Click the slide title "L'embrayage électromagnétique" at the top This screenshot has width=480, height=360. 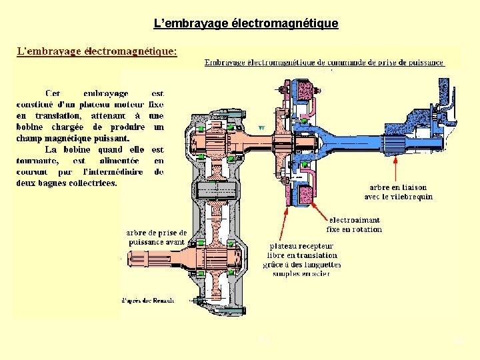click(x=246, y=23)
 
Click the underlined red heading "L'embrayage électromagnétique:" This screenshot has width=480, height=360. click(x=97, y=51)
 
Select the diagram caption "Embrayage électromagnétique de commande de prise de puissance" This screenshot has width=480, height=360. click(x=324, y=63)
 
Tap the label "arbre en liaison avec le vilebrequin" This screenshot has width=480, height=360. click(x=398, y=192)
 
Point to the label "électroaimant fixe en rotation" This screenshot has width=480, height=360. click(x=355, y=224)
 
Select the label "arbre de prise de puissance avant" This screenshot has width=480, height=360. click(x=156, y=237)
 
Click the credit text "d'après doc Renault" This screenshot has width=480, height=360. click(x=147, y=300)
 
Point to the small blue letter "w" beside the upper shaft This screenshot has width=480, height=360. click(x=262, y=127)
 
